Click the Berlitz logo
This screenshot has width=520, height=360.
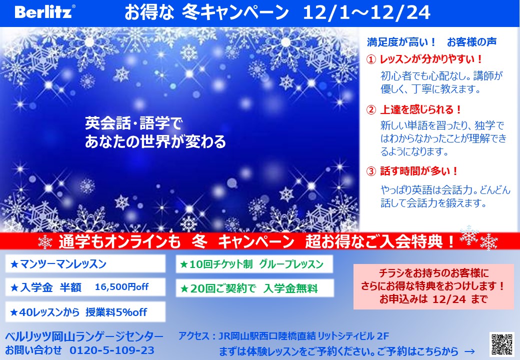coord(44,12)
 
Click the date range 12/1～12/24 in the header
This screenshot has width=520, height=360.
coord(366,13)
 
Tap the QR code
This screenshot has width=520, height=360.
coord(502,344)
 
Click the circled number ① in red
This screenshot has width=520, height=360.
coord(371,59)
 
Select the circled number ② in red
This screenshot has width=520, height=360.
coord(371,109)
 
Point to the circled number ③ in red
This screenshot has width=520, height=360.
coord(371,171)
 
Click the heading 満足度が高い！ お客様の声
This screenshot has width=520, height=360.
coord(432,42)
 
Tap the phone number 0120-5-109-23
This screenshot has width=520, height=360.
coord(112,350)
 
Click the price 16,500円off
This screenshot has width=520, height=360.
coord(121,286)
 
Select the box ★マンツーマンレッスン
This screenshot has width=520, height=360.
coord(85,263)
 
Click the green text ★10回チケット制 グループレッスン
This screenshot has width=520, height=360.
coord(251,264)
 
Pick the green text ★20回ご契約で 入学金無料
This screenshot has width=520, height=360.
coord(248,288)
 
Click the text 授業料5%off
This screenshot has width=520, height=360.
coord(116,312)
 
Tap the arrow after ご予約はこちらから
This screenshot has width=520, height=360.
coord(469,351)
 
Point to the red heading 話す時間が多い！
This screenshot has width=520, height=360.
coord(419,171)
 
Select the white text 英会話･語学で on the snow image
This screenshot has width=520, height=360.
coord(133,123)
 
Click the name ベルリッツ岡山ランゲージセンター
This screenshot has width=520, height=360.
coord(84,336)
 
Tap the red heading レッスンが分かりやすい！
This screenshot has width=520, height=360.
coord(431,59)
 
